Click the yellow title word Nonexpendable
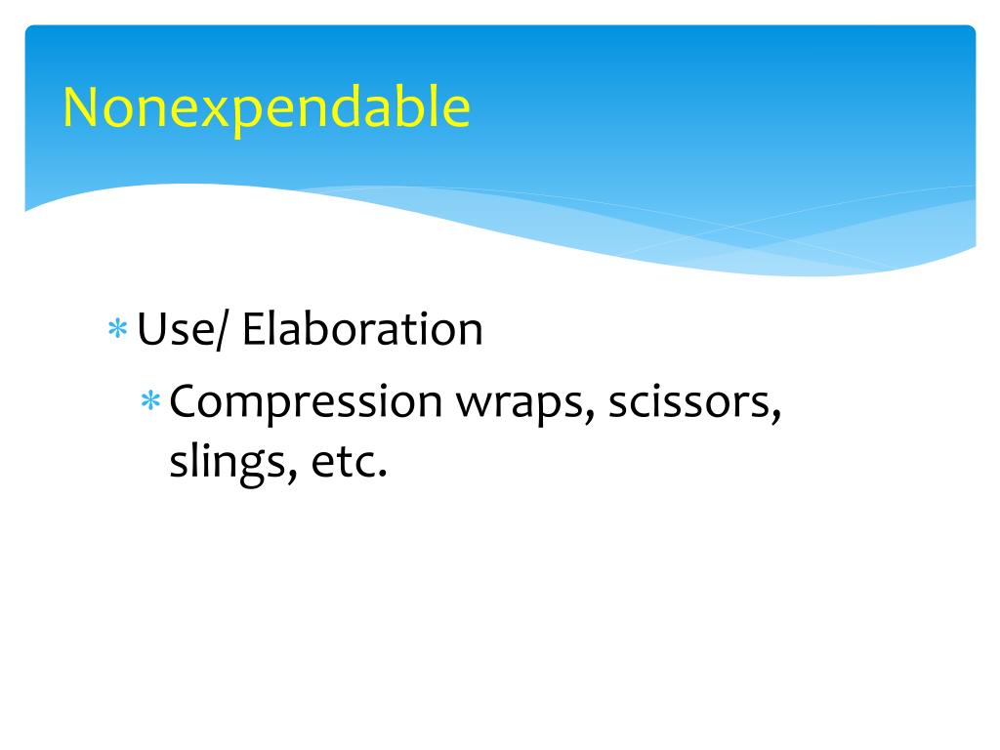coord(266,108)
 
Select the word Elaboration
coord(362,330)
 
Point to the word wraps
coord(520,402)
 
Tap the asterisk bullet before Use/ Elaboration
coord(117,331)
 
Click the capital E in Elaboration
coord(254,330)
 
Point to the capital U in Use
coord(151,330)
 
